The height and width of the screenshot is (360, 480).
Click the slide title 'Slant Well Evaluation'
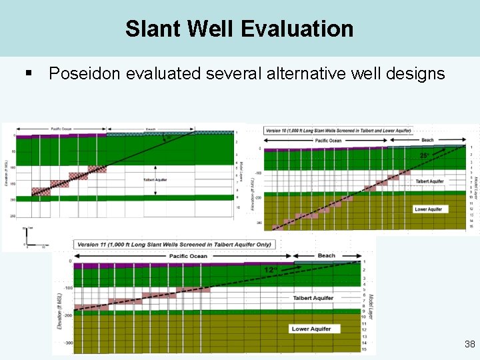click(x=239, y=29)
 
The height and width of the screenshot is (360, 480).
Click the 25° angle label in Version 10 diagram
click(x=425, y=155)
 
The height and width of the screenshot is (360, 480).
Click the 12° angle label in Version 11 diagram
click(x=269, y=270)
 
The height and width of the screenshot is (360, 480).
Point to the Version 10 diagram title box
click(x=338, y=130)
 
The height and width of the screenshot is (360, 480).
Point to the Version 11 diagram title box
click(x=175, y=244)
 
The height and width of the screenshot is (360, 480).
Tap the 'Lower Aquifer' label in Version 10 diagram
click(x=429, y=209)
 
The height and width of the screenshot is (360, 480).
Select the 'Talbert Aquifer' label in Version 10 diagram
click(x=429, y=181)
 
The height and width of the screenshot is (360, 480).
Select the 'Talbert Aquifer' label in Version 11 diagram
click(x=313, y=298)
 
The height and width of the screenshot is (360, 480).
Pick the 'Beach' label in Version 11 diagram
click(x=327, y=255)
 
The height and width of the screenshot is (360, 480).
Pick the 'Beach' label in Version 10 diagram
click(x=427, y=140)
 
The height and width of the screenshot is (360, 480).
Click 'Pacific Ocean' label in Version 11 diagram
click(x=188, y=255)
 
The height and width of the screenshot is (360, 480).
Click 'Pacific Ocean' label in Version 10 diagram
click(x=328, y=140)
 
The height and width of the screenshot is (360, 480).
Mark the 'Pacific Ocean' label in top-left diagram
click(x=63, y=128)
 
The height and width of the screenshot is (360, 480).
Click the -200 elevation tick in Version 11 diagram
click(x=66, y=314)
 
